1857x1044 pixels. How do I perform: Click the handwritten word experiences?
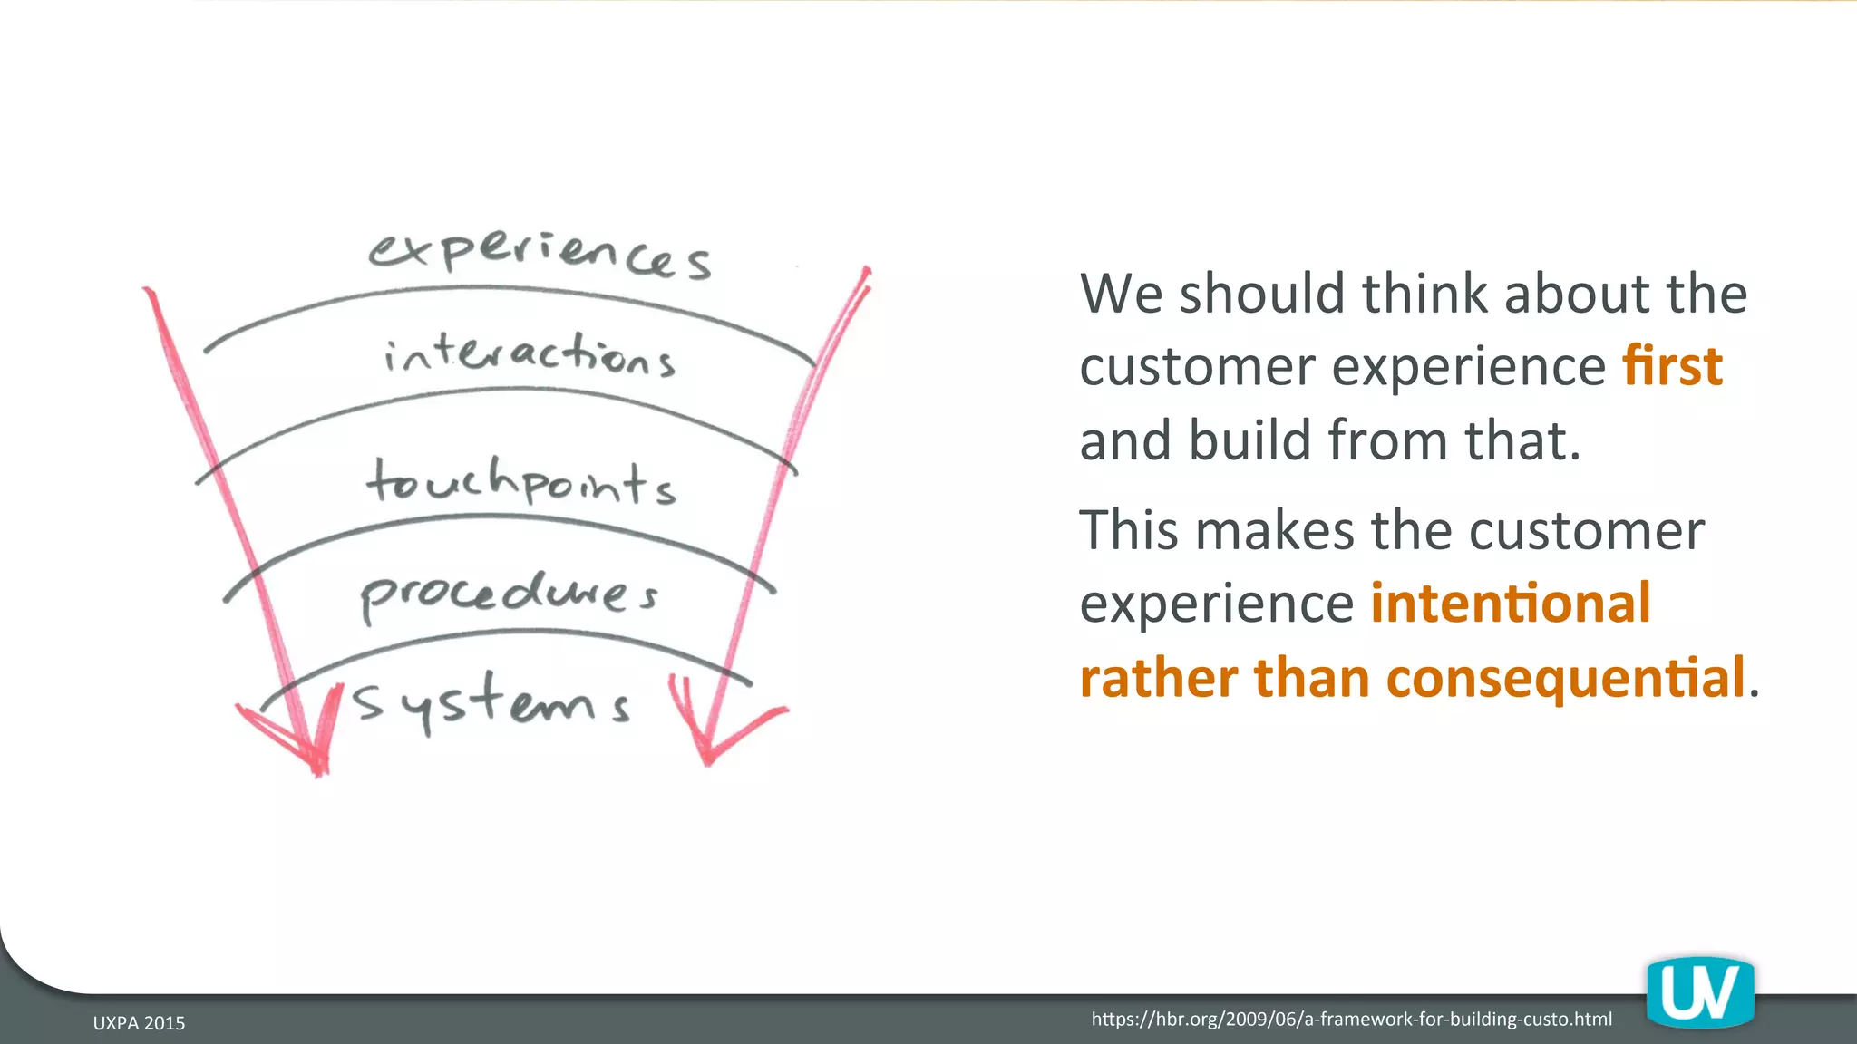pyautogui.click(x=540, y=254)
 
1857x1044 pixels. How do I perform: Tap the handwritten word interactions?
pyautogui.click(x=530, y=355)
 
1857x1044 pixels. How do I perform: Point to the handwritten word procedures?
pyautogui.click(x=509, y=594)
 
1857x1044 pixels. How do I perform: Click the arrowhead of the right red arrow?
pyautogui.click(x=716, y=739)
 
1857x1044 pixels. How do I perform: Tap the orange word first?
pyautogui.click(x=1672, y=366)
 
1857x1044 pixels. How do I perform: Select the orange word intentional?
pyautogui.click(x=1510, y=604)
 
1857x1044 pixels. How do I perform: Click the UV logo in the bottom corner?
pyautogui.click(x=1700, y=994)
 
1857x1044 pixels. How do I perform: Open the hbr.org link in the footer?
pyautogui.click(x=1351, y=1020)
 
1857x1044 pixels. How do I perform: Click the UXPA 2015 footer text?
pyautogui.click(x=139, y=1023)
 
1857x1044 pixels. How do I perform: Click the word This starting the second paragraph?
pyautogui.click(x=1128, y=530)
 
